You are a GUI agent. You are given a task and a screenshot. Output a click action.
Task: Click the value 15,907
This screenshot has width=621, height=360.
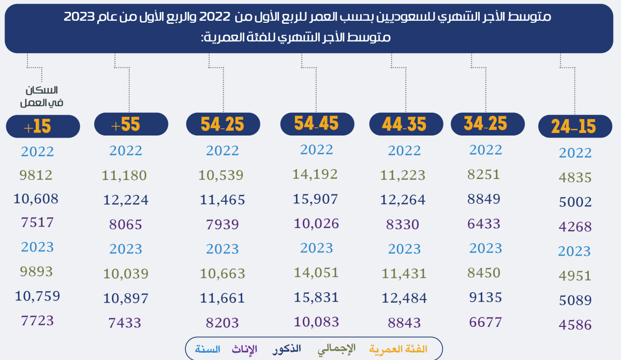coord(316,199)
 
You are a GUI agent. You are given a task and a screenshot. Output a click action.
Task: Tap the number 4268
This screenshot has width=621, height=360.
coord(575,227)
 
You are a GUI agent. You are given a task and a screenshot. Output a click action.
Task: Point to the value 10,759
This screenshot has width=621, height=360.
coord(37,296)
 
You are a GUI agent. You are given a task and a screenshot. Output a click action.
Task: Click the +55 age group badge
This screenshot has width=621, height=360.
coord(131,124)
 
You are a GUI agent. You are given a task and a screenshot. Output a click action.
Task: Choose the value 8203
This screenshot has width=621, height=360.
coord(223,323)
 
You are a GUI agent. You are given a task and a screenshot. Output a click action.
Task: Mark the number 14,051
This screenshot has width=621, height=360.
coord(316,272)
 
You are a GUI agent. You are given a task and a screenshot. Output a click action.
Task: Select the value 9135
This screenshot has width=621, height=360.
coord(485,297)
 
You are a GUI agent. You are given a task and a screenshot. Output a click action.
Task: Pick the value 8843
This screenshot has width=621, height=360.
coord(404,323)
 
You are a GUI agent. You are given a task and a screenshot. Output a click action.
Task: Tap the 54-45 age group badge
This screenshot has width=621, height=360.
coord(317,124)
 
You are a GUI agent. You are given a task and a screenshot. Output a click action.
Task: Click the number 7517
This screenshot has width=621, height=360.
coord(37,223)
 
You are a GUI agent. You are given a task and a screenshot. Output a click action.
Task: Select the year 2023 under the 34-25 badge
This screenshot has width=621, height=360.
coord(485,248)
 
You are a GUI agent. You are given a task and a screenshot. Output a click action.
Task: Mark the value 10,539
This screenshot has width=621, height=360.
coord(221,175)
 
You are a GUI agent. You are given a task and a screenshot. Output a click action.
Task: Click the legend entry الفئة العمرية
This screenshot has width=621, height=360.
coord(398,349)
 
